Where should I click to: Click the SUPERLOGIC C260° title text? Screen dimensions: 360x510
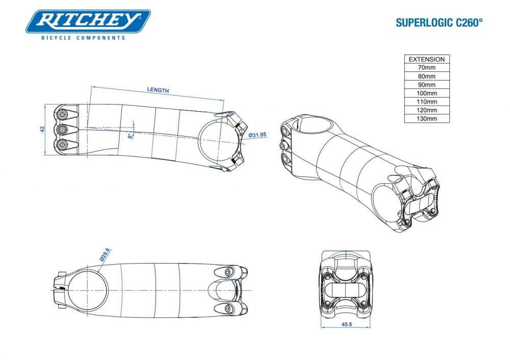[439, 23]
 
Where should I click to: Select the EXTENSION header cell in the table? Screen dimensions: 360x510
[427, 59]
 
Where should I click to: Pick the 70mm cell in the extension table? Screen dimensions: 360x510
[427, 67]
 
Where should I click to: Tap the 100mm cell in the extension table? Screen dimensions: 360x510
[427, 93]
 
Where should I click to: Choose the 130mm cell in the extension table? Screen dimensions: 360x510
[427, 119]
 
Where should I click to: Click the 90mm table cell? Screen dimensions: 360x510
[427, 85]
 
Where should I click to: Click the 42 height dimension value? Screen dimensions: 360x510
[43, 129]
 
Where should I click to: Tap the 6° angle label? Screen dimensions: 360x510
[130, 136]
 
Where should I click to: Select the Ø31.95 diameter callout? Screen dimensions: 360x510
[258, 135]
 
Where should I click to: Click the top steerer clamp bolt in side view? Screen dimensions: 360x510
[62, 113]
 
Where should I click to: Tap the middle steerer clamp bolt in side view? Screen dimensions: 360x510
[62, 129]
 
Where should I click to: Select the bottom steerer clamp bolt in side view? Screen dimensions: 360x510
[62, 145]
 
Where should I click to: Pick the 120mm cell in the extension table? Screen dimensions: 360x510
[427, 110]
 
